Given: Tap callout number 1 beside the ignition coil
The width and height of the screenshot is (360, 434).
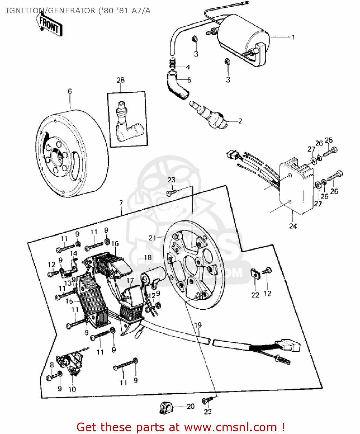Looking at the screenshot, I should [x=293, y=37].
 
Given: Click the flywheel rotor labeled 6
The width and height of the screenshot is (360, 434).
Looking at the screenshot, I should [x=72, y=153].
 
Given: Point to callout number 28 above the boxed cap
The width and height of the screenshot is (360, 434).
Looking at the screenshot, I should [x=120, y=80].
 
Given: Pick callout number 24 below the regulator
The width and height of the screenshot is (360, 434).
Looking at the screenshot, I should [x=293, y=226].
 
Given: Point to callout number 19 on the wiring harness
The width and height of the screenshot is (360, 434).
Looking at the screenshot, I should [x=198, y=325].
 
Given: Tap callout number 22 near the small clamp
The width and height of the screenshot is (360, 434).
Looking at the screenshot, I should [x=255, y=295].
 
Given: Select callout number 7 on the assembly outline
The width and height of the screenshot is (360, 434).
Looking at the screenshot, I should [x=121, y=203].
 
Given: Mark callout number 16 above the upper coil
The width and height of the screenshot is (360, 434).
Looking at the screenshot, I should [x=115, y=244].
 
